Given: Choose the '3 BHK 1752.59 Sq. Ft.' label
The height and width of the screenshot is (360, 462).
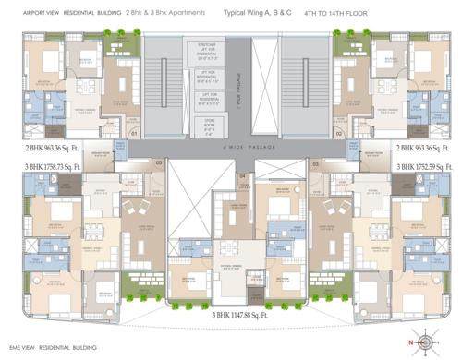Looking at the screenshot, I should point(424,165).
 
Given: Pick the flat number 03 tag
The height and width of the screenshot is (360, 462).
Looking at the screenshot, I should point(315,163).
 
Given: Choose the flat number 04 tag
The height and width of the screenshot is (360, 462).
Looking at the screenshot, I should point(242,175).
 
